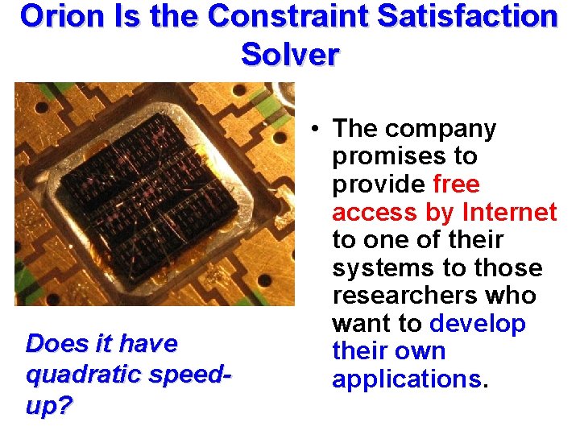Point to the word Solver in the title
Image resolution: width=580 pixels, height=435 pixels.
click(x=290, y=54)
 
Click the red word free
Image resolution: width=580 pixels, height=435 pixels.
click(x=456, y=184)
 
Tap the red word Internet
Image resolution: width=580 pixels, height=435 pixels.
click(x=509, y=212)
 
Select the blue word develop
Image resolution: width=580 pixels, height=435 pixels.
click(x=478, y=324)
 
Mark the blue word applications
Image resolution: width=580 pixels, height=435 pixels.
click(x=406, y=379)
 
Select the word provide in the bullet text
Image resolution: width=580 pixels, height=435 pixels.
click(x=378, y=184)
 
